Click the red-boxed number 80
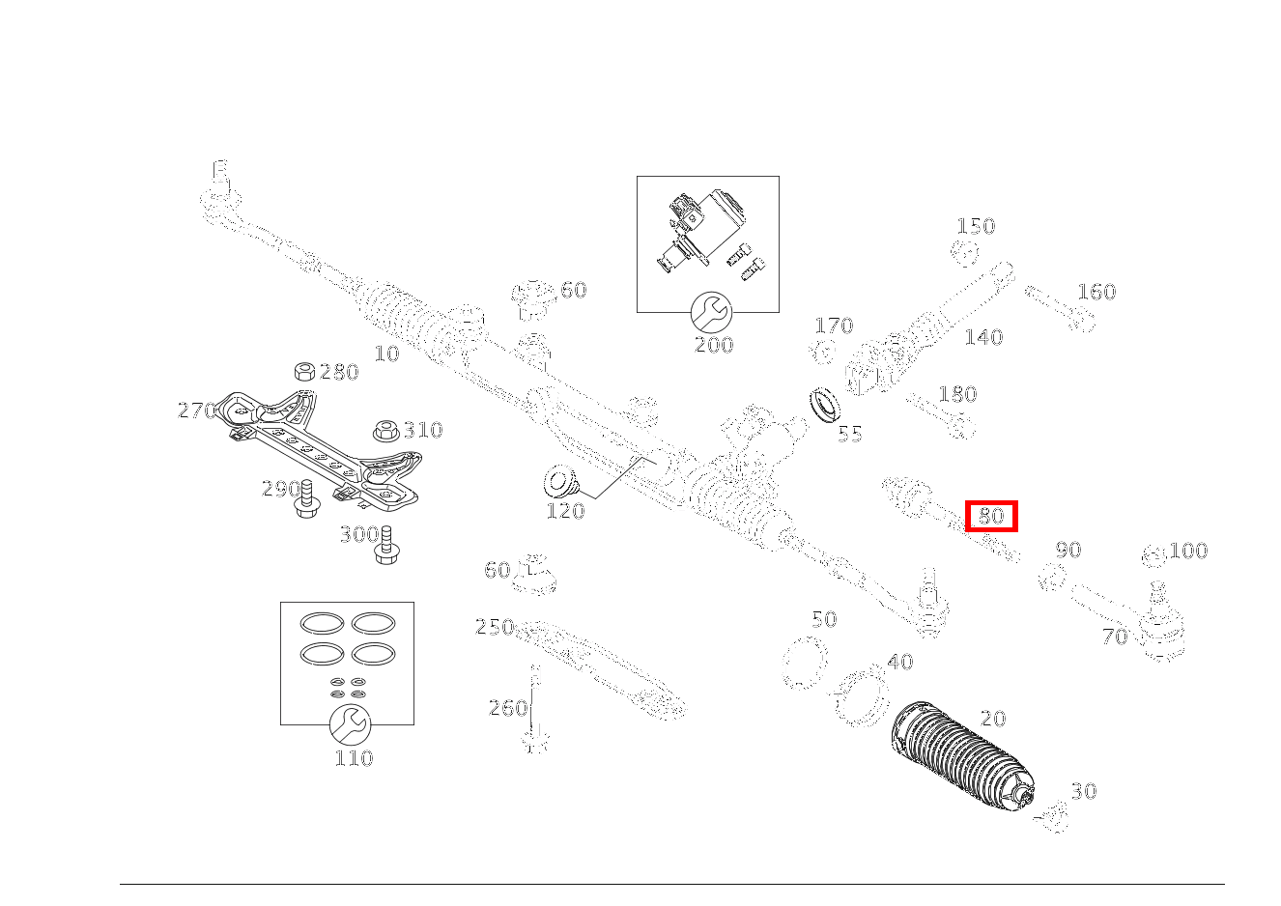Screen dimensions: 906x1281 pyautogui.click(x=991, y=516)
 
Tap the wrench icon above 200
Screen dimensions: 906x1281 pyautogui.click(x=712, y=312)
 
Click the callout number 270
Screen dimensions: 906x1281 pyautogui.click(x=196, y=411)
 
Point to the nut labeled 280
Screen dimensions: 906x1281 pyautogui.click(x=303, y=372)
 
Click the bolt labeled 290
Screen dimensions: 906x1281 pyautogui.click(x=307, y=497)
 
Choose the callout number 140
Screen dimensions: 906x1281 pyautogui.click(x=983, y=337)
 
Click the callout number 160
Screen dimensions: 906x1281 pyautogui.click(x=1096, y=292)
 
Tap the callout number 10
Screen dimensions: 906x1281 pyautogui.click(x=386, y=354)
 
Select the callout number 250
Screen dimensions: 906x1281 pyautogui.click(x=494, y=628)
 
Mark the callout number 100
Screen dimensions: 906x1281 pyautogui.click(x=1188, y=552)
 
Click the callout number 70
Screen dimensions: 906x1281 pyautogui.click(x=1115, y=637)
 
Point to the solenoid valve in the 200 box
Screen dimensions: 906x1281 pyautogui.click(x=701, y=229)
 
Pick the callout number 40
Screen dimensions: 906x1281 pyautogui.click(x=899, y=663)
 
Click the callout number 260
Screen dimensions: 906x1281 pyautogui.click(x=508, y=708)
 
